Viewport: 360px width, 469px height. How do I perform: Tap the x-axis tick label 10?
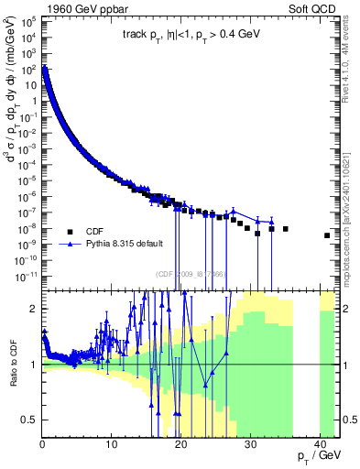tap(111, 443)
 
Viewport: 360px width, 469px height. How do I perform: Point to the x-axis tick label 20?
tap(180, 443)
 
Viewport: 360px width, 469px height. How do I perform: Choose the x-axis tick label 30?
tap(249, 443)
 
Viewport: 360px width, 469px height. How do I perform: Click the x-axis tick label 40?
tap(318, 443)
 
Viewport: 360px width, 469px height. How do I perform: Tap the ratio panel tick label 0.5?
tap(29, 420)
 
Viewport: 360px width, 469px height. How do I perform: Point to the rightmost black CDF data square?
tap(327, 235)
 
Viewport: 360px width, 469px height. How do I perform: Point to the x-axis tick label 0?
tap(43, 443)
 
